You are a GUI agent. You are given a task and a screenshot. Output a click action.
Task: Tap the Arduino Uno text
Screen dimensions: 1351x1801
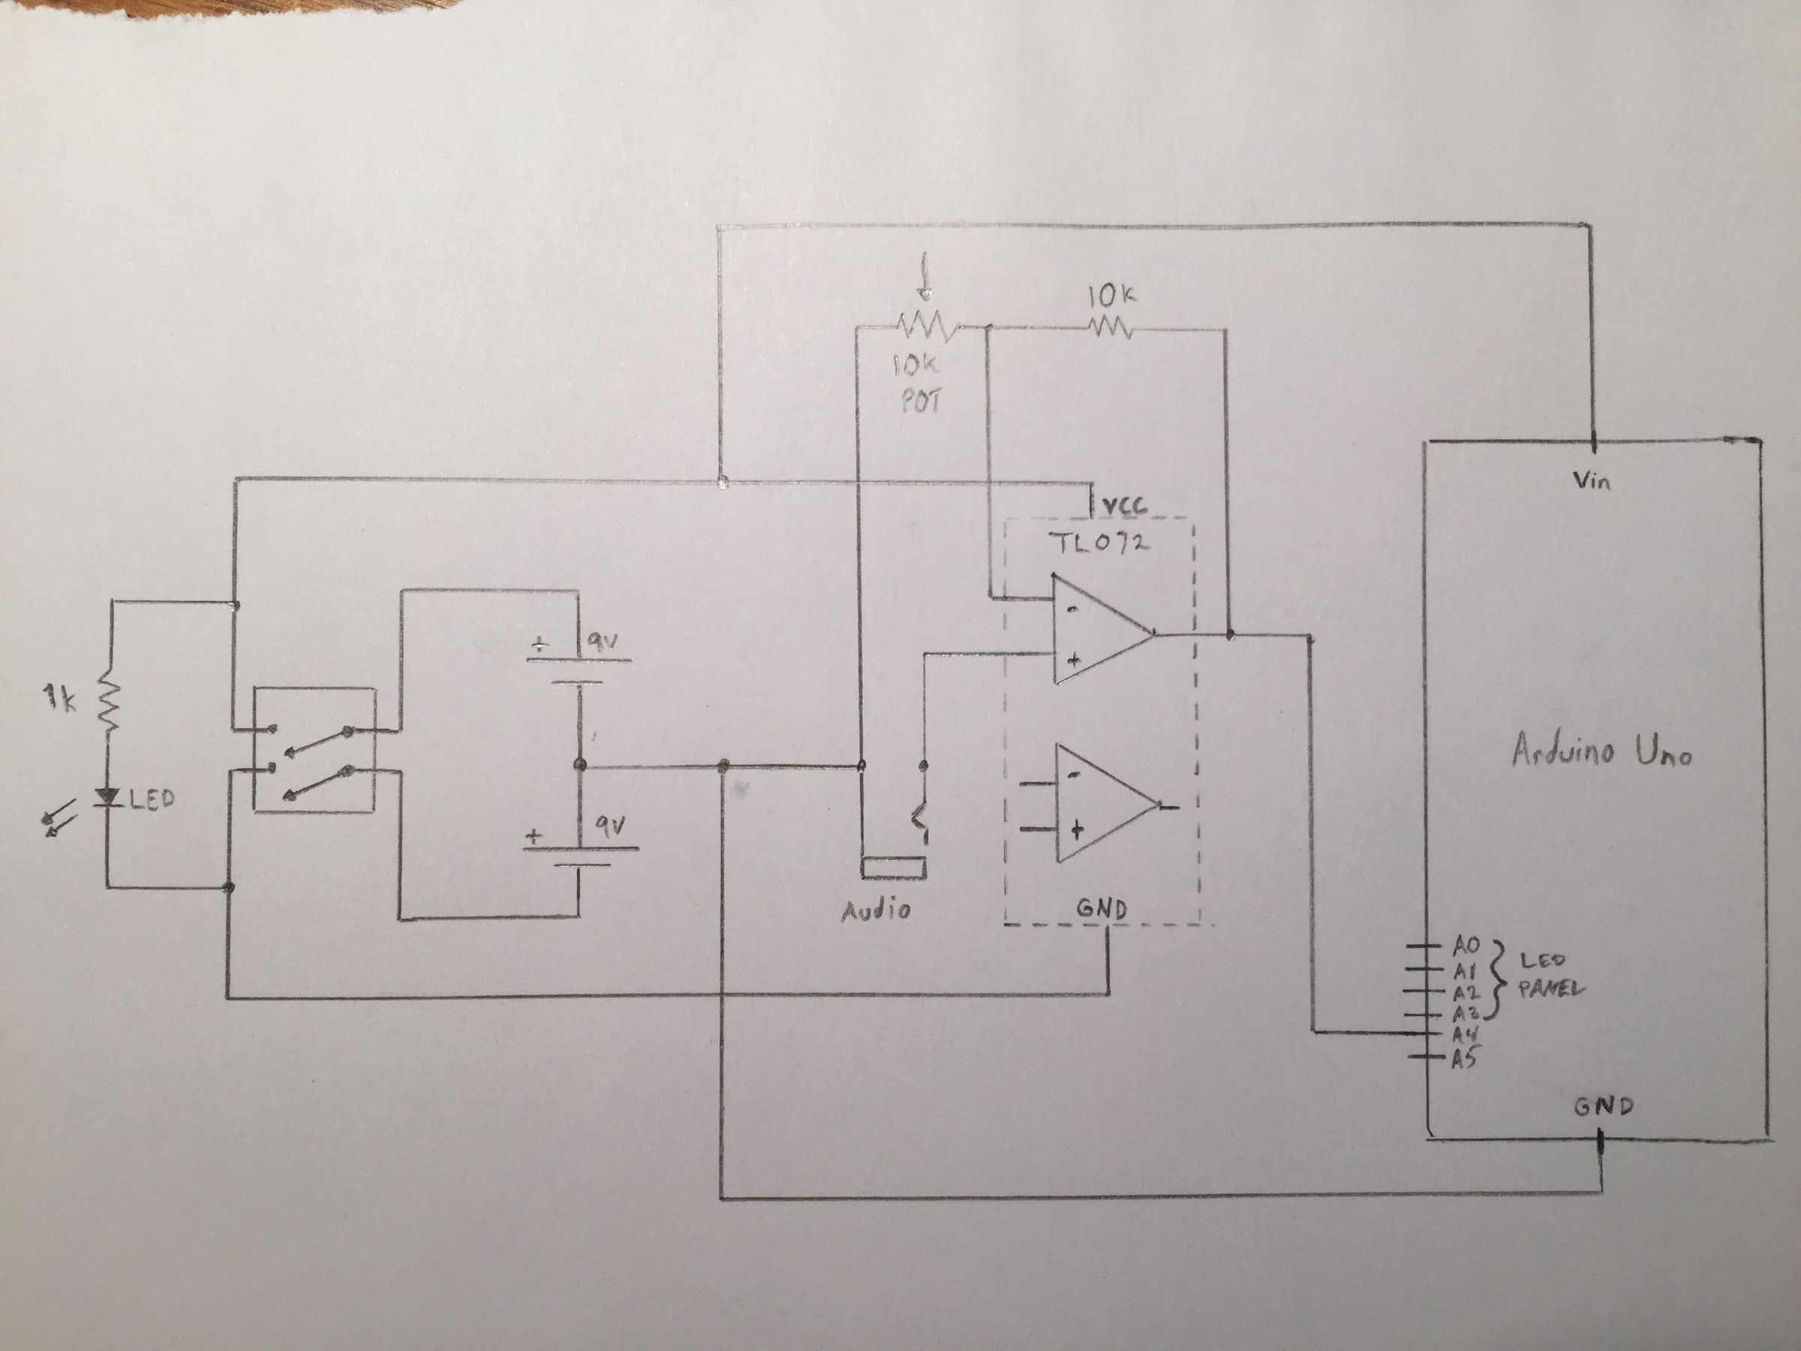tap(1601, 751)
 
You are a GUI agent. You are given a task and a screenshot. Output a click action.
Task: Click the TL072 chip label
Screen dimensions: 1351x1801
tap(1100, 543)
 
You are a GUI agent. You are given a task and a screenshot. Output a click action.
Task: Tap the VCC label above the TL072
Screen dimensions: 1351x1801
tap(1126, 507)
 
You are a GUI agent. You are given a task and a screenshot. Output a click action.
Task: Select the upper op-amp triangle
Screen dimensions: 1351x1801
tap(1099, 630)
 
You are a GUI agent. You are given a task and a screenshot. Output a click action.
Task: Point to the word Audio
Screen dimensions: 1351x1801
tap(875, 910)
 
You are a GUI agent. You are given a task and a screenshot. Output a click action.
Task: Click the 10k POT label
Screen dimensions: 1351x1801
tap(919, 383)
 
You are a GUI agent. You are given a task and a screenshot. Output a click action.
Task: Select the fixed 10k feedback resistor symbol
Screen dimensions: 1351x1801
tap(1110, 328)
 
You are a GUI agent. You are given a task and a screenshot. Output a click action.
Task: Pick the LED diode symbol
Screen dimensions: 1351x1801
tap(107, 796)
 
